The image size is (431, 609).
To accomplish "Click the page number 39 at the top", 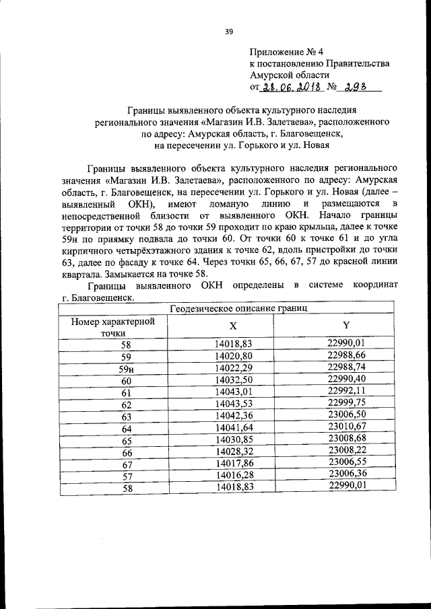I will point(228,31).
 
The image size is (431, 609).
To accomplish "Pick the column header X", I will point(233,326).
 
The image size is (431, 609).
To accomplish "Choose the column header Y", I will point(345,326).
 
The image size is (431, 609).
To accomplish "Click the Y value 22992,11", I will point(345,392).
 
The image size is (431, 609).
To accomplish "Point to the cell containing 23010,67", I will point(345,427).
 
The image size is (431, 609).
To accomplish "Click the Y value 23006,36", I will point(345,475).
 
